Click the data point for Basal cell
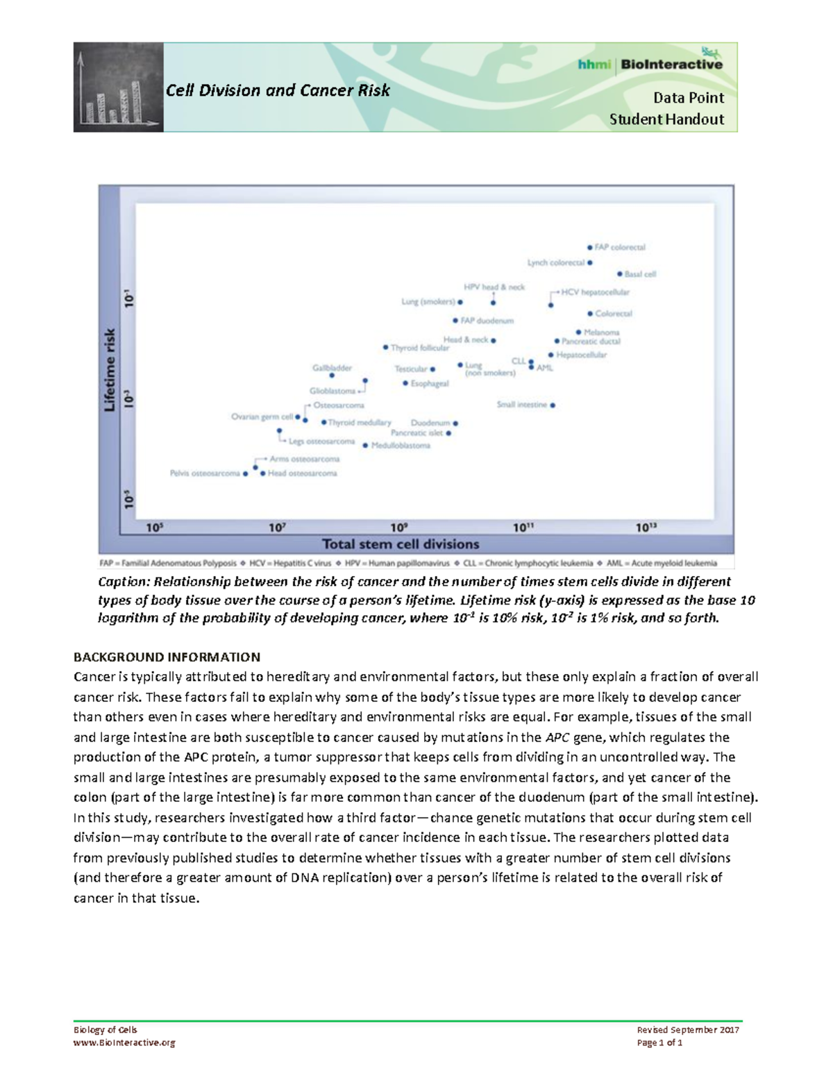[620, 274]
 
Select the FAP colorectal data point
[590, 247]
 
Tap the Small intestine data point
[553, 405]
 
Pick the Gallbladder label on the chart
[332, 368]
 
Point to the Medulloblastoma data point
[365, 446]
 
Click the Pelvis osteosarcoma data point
[246, 473]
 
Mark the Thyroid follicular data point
[385, 347]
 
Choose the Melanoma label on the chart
[601, 332]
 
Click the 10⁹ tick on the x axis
[399, 528]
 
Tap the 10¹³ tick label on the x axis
[646, 528]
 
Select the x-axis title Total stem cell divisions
[401, 544]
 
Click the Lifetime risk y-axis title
[110, 370]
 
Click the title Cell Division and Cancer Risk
[278, 90]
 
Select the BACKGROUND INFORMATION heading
[167, 657]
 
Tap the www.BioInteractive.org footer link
[124, 1043]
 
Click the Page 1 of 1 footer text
[659, 1043]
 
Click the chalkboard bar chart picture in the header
[119, 87]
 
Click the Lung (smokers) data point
[460, 302]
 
